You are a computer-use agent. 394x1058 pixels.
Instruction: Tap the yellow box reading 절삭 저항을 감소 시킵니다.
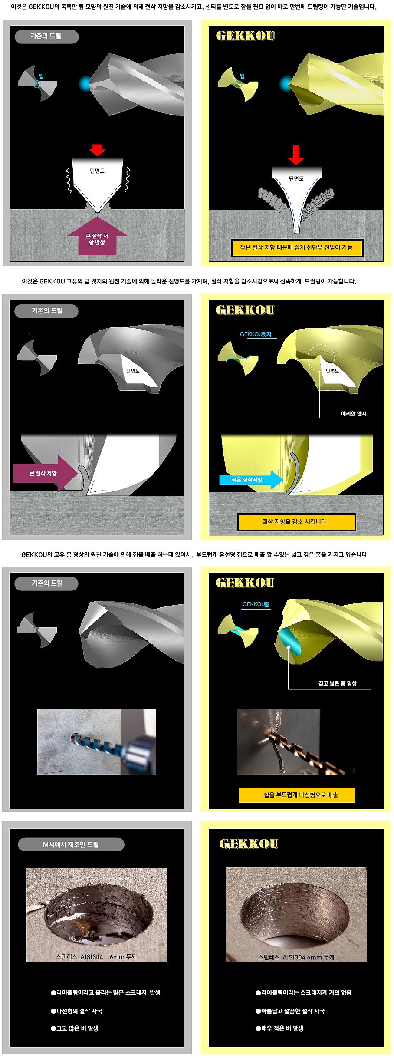click(296, 522)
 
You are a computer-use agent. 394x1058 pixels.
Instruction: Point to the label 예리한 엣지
click(354, 414)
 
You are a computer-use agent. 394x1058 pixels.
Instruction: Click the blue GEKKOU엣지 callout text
click(256, 334)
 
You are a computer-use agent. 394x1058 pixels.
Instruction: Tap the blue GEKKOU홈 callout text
click(256, 604)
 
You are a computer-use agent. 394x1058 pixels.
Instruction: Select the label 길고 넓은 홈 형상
click(337, 683)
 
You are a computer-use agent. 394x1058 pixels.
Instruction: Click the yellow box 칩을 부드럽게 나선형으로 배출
click(297, 795)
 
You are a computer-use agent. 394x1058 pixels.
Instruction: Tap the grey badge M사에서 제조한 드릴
click(71, 844)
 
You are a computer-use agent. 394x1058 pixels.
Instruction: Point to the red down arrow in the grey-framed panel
click(97, 150)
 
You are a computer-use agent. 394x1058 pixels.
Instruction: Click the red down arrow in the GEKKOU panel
click(296, 155)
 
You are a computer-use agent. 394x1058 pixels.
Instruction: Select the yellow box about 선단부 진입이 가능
click(296, 247)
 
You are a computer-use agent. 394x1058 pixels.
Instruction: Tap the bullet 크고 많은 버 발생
click(75, 1028)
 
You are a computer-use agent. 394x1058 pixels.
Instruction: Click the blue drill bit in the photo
click(106, 747)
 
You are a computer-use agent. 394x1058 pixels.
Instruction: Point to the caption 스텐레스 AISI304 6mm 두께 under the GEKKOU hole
click(296, 957)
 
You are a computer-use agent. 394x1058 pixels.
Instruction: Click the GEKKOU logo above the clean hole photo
click(249, 844)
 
